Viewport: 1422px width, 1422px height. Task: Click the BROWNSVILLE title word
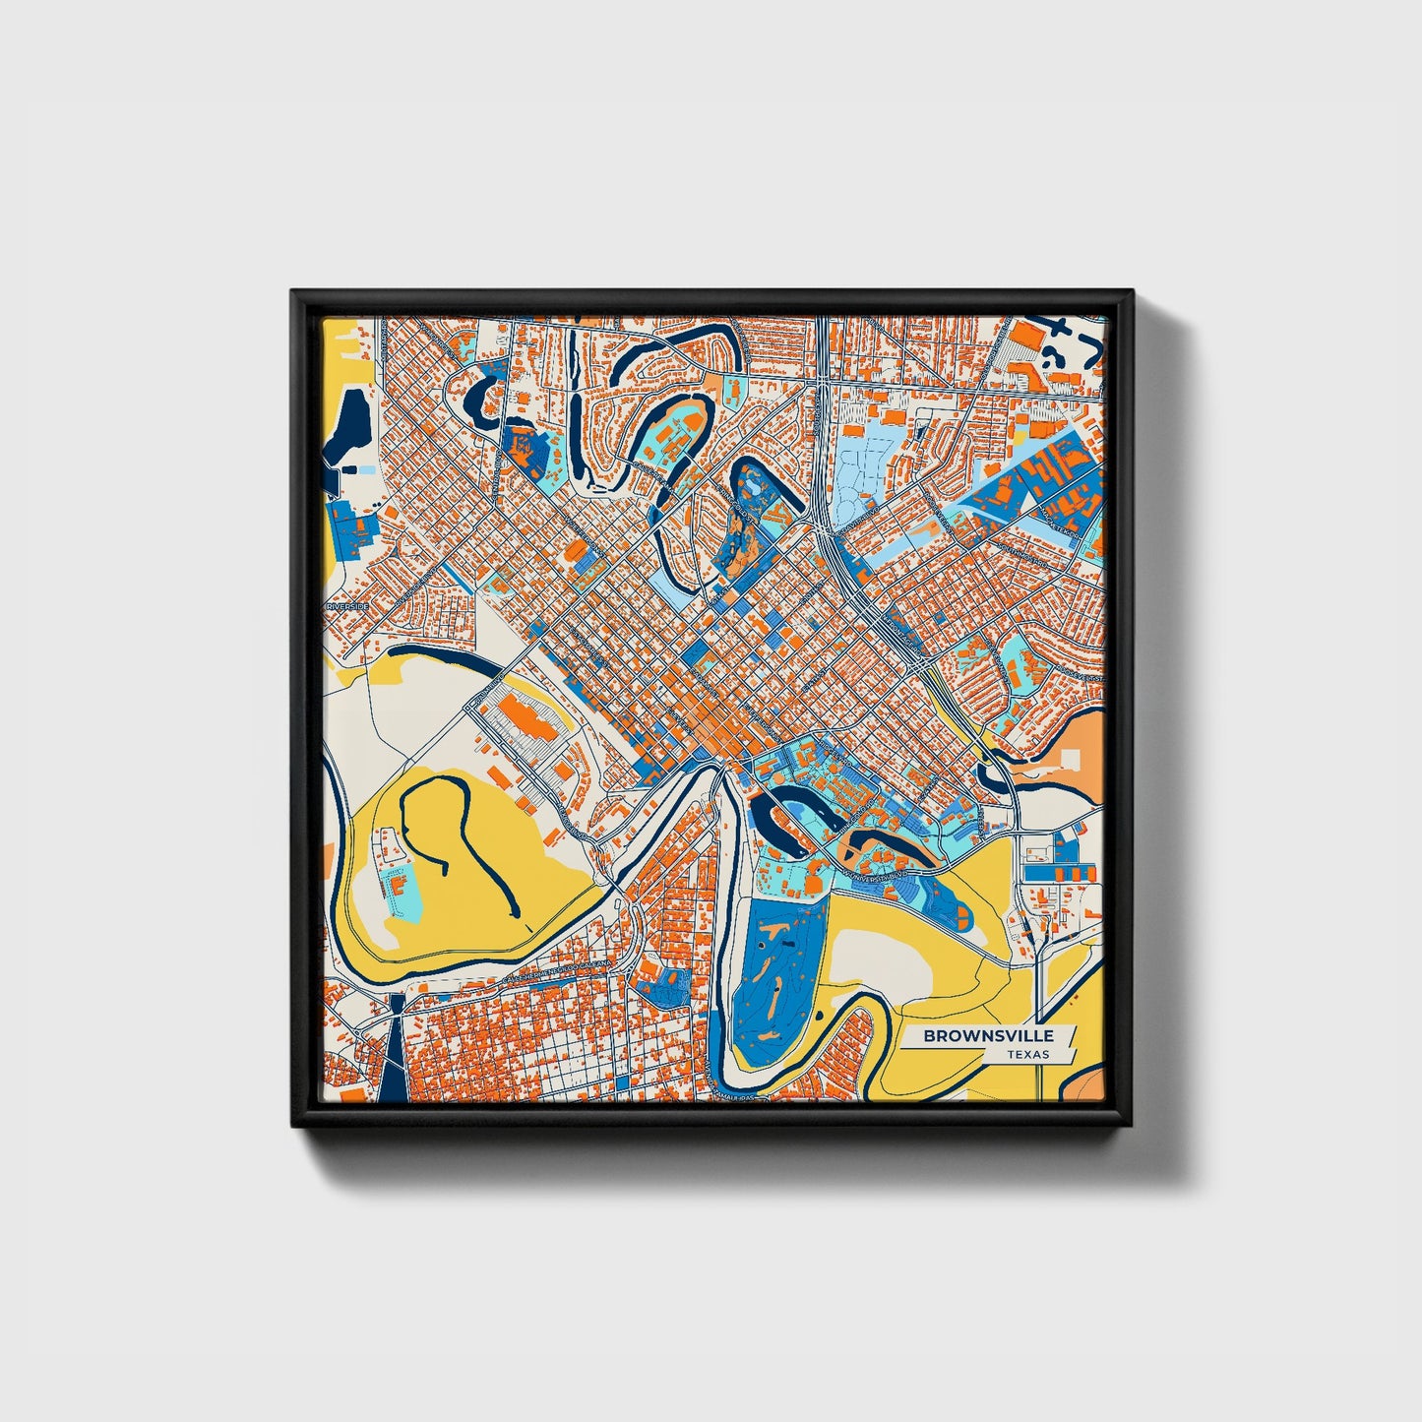click(x=988, y=1035)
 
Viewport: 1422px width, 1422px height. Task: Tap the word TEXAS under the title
click(x=1027, y=1055)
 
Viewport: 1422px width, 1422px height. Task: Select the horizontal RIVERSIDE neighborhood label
click(x=348, y=607)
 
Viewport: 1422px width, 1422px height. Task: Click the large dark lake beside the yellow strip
click(x=346, y=428)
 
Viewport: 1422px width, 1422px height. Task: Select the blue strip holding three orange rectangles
click(x=1058, y=872)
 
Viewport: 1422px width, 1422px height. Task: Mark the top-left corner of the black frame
click(x=292, y=291)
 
